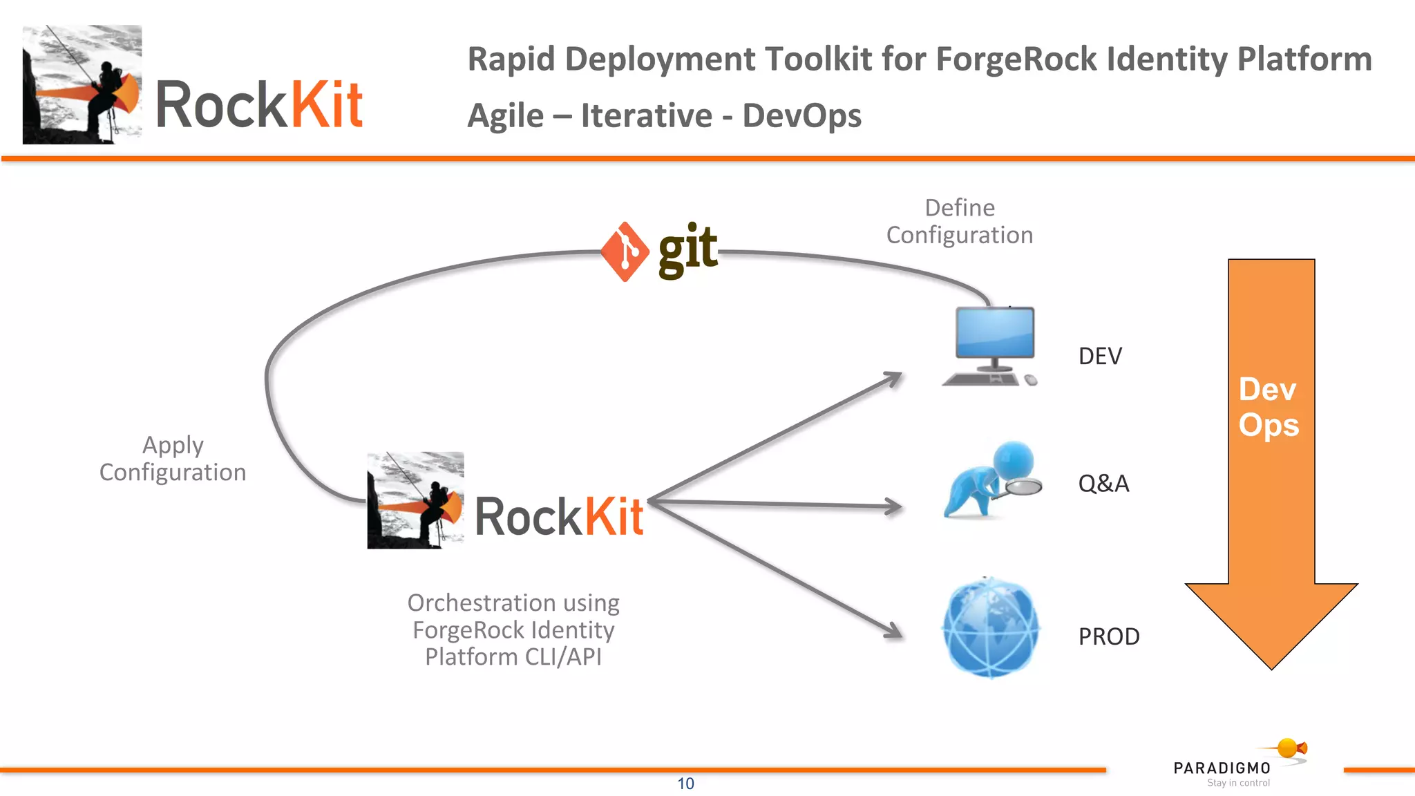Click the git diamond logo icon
click(625, 252)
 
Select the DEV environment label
click(1100, 357)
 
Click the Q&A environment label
click(1103, 484)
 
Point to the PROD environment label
click(1109, 636)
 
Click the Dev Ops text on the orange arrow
click(1269, 408)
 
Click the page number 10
click(685, 784)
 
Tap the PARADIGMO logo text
click(1222, 768)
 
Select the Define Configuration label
click(960, 222)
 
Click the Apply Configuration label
click(173, 459)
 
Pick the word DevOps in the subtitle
click(801, 116)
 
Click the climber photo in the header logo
click(82, 84)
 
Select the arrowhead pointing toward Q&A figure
click(895, 507)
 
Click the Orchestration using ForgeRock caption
click(513, 629)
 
